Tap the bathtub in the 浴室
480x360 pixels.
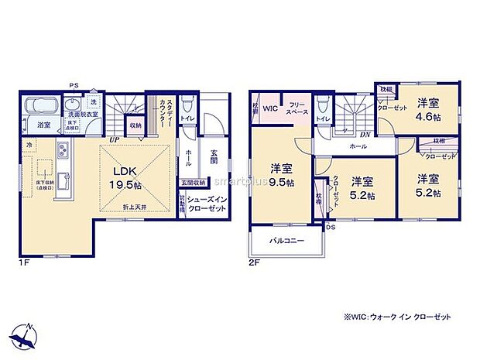coord(43,107)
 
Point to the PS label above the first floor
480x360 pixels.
coord(74,85)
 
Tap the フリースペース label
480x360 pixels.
coord(299,108)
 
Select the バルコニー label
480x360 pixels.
coord(286,240)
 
